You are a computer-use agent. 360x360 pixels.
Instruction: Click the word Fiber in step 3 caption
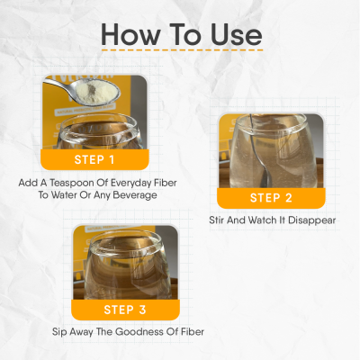(189, 331)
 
